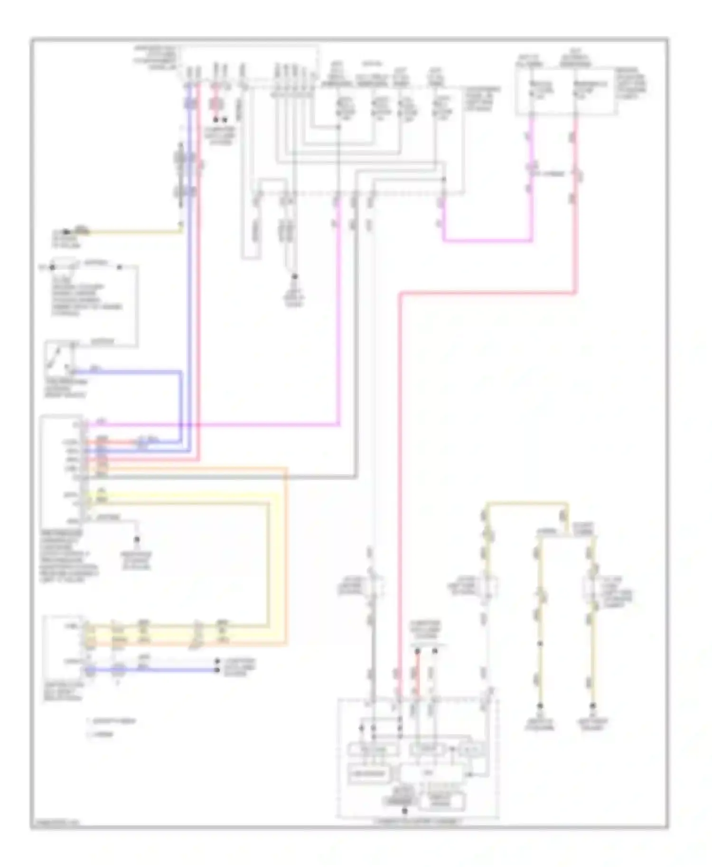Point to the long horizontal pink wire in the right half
489,294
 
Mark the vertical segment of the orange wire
286,555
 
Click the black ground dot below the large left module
137,539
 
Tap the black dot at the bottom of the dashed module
404,811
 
